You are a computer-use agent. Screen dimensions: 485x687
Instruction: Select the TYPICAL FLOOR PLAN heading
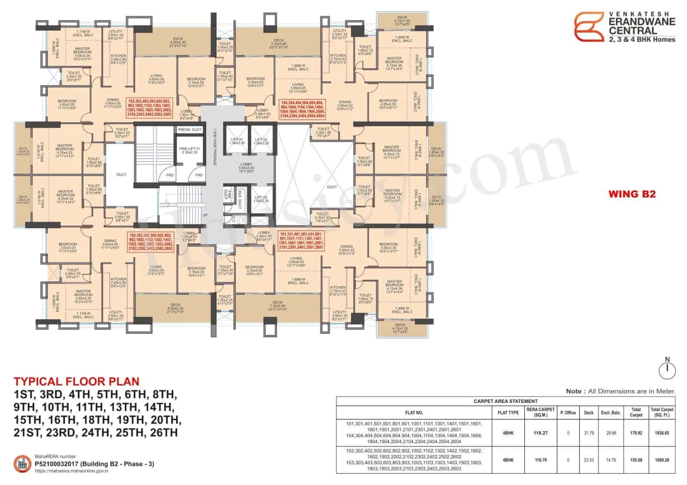pyautogui.click(x=76, y=382)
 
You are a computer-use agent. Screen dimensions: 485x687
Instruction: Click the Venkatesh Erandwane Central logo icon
pyautogui.click(x=589, y=27)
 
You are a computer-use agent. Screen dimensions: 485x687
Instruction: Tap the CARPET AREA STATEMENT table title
pyautogui.click(x=506, y=401)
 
